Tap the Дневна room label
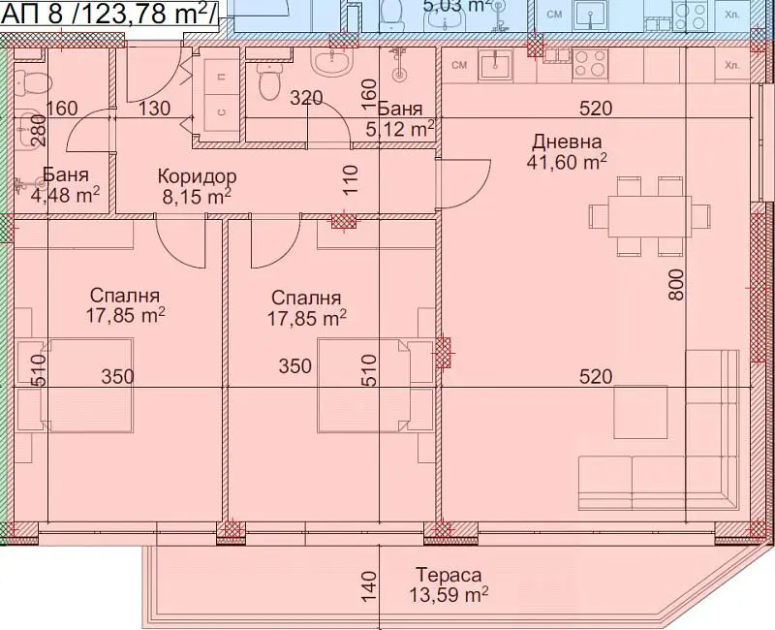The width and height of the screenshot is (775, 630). coord(567,142)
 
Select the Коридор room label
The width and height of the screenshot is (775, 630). coord(198,176)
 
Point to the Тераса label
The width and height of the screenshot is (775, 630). coord(449,575)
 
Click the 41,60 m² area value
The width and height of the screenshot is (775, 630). coord(567,162)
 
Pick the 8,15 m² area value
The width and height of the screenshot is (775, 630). coord(197,197)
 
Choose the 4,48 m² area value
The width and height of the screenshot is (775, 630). coord(66,195)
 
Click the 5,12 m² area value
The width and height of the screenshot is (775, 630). coord(400,129)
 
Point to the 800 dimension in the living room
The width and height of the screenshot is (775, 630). coord(675,284)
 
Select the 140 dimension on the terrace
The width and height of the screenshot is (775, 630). coord(369,587)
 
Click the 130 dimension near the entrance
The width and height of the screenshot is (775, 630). coord(154,109)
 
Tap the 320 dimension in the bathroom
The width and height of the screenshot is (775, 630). coord(306,98)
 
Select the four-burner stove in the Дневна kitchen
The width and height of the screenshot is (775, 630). coord(590,65)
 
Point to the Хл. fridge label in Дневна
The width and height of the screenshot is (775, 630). coord(731,65)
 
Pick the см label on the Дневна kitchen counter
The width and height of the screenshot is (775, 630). coord(459,65)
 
